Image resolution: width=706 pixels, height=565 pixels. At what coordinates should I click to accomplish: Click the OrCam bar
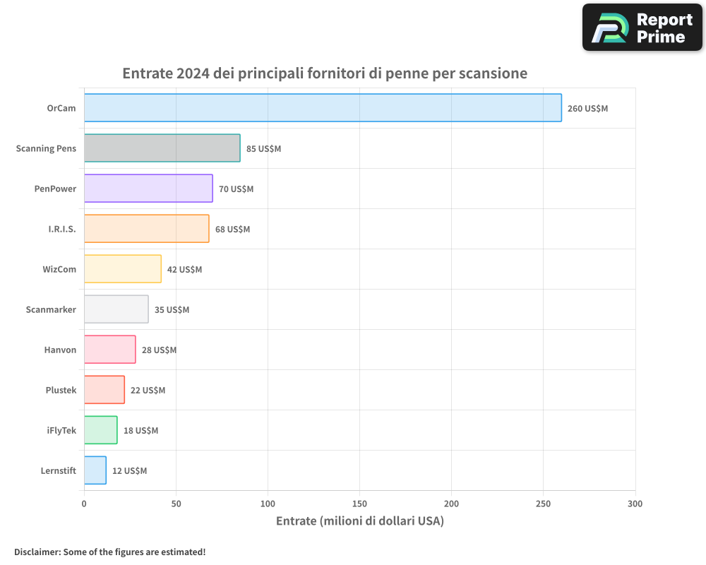[x=323, y=108]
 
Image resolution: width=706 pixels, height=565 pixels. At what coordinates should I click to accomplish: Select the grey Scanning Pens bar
[x=162, y=148]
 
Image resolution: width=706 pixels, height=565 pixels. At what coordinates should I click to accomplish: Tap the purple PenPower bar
[x=148, y=189]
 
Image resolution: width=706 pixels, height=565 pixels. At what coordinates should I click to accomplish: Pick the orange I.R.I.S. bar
[x=146, y=229]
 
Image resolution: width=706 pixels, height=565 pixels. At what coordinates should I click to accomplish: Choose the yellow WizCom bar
[x=122, y=269]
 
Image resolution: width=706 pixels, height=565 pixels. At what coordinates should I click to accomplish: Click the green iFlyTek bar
[x=100, y=430]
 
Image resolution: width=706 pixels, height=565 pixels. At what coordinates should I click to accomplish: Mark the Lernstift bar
[x=95, y=470]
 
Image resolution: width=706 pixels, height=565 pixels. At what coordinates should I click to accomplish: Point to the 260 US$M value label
[x=587, y=109]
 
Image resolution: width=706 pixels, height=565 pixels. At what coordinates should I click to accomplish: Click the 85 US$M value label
[x=263, y=149]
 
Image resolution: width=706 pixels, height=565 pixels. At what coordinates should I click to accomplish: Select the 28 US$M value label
[x=159, y=350]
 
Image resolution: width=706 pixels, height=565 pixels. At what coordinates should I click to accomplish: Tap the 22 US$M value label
[x=148, y=391]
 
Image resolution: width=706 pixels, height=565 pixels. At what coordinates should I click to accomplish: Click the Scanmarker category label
[x=51, y=309]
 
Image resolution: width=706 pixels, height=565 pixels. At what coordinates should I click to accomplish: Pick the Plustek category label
[x=61, y=390]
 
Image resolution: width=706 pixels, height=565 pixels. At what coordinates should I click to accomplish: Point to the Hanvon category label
[x=60, y=350]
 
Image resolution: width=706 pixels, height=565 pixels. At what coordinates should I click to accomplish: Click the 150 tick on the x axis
[x=359, y=504]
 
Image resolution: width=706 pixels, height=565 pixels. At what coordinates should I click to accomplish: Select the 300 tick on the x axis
[x=635, y=504]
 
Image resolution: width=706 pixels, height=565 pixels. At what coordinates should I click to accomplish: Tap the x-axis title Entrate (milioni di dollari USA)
[x=359, y=521]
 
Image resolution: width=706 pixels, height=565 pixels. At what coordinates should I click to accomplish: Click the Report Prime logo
[x=642, y=28]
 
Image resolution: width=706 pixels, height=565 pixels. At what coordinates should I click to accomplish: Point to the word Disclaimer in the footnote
[x=37, y=552]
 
